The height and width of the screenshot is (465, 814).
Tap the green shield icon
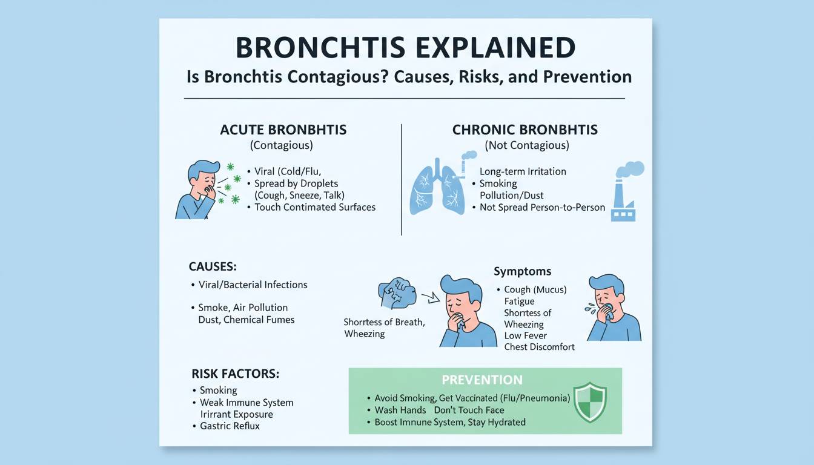click(x=589, y=401)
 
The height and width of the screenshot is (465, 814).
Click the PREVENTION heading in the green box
click(x=482, y=380)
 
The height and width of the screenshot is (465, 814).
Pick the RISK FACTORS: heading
click(x=236, y=374)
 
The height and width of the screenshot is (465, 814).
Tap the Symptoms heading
click(x=522, y=271)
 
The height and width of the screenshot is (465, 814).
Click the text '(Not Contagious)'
click(x=526, y=145)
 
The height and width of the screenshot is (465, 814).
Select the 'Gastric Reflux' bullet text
click(x=230, y=426)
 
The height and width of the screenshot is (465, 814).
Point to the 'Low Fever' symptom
click(x=525, y=336)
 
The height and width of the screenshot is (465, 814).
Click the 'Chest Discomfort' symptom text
click(x=539, y=348)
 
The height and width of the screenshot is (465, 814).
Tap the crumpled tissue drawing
click(x=397, y=293)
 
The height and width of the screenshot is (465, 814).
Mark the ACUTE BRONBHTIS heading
click(x=283, y=130)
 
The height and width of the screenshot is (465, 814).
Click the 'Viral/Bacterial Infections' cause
click(x=253, y=285)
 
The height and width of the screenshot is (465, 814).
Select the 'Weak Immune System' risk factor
click(x=246, y=403)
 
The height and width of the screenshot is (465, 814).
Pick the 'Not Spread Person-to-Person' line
click(x=542, y=207)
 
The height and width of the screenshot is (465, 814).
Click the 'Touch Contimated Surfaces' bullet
click(x=315, y=207)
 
